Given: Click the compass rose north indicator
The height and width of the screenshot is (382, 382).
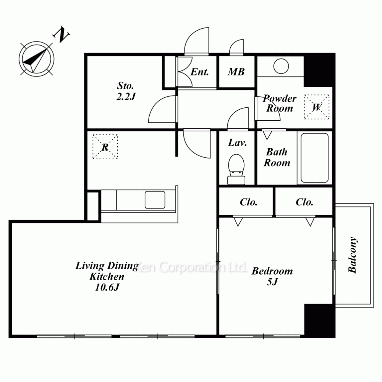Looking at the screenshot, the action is pyautogui.click(x=37, y=59).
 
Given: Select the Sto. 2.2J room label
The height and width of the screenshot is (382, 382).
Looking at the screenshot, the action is pyautogui.click(x=126, y=91).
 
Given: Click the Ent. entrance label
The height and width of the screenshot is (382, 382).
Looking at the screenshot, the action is pyautogui.click(x=199, y=72).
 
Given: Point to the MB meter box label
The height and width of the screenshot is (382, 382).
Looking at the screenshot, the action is pyautogui.click(x=236, y=72).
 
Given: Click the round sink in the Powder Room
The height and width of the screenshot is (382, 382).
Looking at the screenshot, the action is pyautogui.click(x=281, y=66).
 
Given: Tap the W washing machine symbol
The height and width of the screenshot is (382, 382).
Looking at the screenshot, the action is pyautogui.click(x=317, y=107).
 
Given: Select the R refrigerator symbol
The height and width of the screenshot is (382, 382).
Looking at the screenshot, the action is pyautogui.click(x=105, y=147).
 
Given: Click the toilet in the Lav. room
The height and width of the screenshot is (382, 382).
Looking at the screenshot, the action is pyautogui.click(x=236, y=169).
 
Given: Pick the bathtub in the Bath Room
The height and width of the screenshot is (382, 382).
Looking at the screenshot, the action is pyautogui.click(x=314, y=158).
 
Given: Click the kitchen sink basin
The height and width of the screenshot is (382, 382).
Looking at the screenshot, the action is pyautogui.click(x=155, y=200).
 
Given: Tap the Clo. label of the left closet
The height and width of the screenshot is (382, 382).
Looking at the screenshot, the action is pyautogui.click(x=249, y=202).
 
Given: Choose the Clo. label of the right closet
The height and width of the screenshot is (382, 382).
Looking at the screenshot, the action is pyautogui.click(x=304, y=202).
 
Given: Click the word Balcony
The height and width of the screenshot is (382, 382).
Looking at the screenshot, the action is pyautogui.click(x=353, y=254).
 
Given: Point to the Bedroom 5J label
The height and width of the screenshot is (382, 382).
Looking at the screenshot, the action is pyautogui.click(x=272, y=276).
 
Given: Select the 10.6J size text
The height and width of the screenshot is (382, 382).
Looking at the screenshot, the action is pyautogui.click(x=107, y=288).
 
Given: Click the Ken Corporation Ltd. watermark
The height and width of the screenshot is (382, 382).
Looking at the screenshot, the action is pyautogui.click(x=191, y=267).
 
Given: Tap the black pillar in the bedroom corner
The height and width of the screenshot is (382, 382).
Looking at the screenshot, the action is pyautogui.click(x=320, y=320).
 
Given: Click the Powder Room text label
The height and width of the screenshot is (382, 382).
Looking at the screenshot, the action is pyautogui.click(x=280, y=103).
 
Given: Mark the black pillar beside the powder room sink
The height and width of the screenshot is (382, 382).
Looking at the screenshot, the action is pyautogui.click(x=319, y=70).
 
